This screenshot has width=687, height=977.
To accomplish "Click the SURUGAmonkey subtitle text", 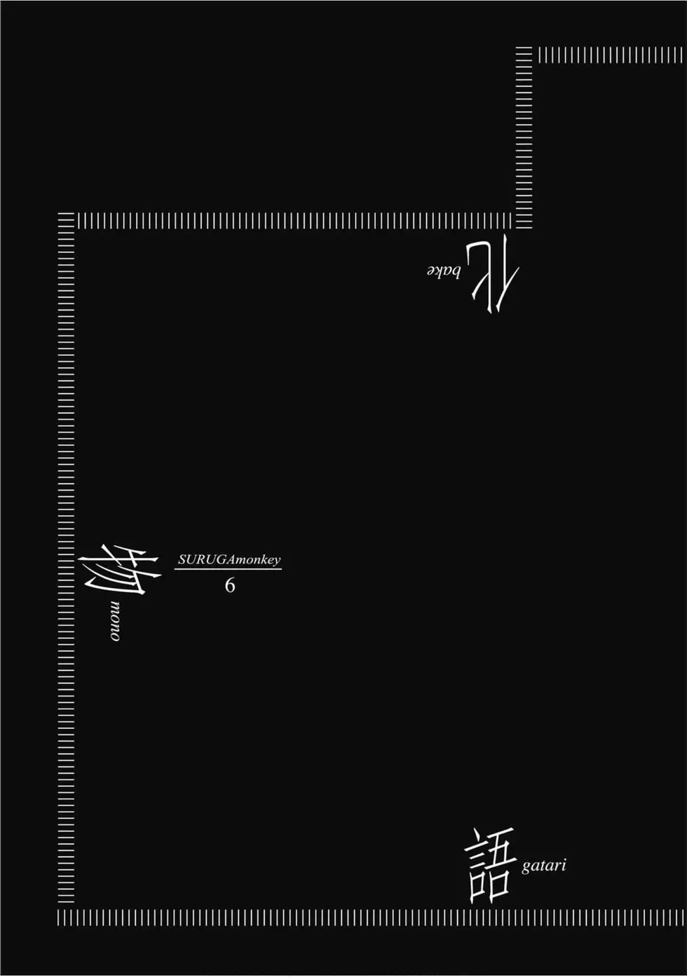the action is point(229,559).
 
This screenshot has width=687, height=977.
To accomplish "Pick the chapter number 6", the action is point(230,585).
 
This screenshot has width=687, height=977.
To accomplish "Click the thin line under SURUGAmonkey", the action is point(228,569).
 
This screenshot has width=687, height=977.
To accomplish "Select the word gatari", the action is point(543,866).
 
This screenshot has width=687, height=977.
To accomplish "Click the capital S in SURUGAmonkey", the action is point(182,559).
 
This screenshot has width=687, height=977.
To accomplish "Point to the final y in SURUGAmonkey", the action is point(276,561).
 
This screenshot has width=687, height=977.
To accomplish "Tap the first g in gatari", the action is point(526,867).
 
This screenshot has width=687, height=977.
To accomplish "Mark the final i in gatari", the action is point(564,864).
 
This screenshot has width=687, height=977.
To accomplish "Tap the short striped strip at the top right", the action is point(611,55).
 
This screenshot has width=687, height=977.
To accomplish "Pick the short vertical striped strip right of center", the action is point(524,137).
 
